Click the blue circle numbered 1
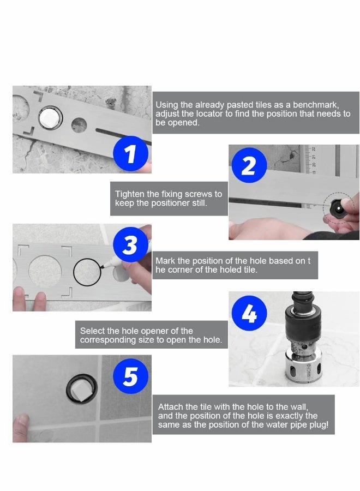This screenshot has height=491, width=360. (130, 154)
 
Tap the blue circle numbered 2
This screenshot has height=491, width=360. (248, 164)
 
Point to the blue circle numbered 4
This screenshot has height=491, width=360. (249, 314)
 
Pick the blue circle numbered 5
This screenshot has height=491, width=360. (130, 376)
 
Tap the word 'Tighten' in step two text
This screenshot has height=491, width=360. (129, 194)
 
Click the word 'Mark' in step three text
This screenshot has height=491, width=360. (165, 261)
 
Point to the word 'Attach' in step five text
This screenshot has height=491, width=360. (170, 406)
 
